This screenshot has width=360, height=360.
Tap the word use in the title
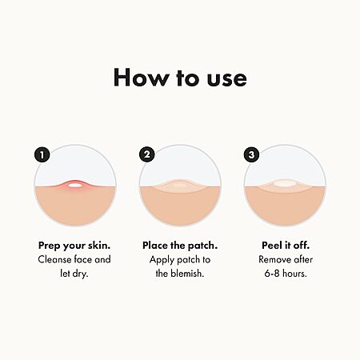(227, 79)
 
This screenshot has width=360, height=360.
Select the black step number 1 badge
(42, 154)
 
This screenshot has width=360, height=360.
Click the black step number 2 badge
(147, 154)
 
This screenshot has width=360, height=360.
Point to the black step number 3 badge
(251, 154)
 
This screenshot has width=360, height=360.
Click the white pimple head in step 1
(74, 185)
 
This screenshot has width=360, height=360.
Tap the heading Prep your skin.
(74, 246)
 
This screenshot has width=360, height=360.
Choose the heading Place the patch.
(180, 246)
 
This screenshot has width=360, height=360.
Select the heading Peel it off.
(286, 246)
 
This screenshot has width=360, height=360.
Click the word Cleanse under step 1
(54, 259)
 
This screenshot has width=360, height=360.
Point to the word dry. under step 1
(80, 274)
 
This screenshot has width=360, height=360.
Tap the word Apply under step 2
(162, 260)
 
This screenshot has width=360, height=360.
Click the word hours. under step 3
(294, 274)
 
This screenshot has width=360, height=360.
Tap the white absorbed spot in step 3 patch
(285, 183)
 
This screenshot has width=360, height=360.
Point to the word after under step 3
(302, 259)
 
